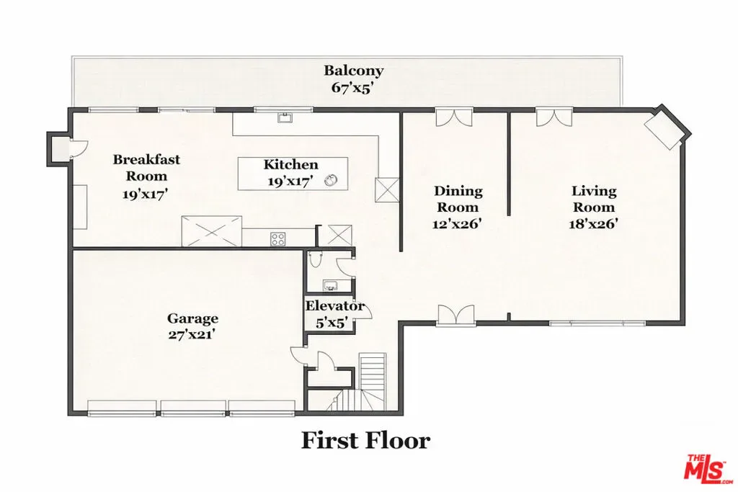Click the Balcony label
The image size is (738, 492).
(353, 71)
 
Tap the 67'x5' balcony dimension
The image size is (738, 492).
(353, 87)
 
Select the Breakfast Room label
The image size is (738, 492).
(146, 167)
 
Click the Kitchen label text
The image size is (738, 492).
(291, 164)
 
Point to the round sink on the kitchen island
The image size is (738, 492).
(332, 180)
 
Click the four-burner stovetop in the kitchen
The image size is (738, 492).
(277, 239)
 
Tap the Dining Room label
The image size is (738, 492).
(458, 199)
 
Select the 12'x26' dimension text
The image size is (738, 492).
(457, 224)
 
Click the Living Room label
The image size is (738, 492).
(594, 199)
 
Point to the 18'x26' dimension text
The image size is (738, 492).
(593, 224)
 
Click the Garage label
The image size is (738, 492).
(192, 318)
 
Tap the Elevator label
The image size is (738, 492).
(335, 306)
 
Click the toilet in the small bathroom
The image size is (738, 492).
(316, 259)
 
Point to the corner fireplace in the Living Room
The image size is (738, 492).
(664, 131)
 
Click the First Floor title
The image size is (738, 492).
(365, 441)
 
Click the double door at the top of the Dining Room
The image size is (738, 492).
(454, 117)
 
